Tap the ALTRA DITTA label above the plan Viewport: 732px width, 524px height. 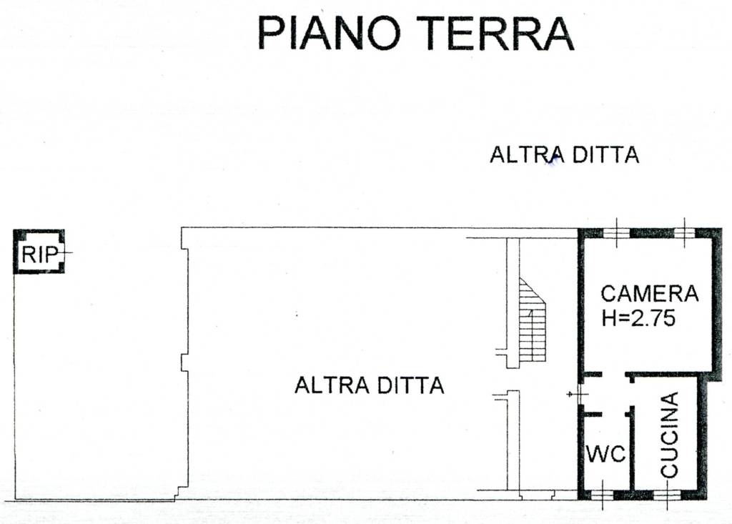565,154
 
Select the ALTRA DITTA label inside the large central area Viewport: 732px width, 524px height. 370,386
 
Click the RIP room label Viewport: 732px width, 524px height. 40,254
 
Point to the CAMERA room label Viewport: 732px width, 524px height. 649,294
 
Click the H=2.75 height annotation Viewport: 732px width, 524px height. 638,319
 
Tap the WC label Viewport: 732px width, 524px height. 606,453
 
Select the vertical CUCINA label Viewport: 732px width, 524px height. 669,435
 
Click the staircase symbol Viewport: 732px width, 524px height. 532,320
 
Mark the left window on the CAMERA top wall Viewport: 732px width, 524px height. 616,232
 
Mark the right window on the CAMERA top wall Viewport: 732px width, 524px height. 684,232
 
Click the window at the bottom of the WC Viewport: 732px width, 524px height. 602,495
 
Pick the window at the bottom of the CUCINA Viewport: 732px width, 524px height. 666,495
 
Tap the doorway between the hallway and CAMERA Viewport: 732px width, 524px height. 613,375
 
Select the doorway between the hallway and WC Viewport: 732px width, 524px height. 613,414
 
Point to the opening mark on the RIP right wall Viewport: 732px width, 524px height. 65,252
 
